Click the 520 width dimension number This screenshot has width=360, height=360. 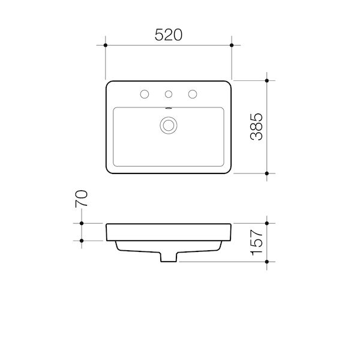169,35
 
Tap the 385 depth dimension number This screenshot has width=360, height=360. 256,126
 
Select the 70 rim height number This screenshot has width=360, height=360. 82,198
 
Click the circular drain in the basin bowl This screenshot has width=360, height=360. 169,125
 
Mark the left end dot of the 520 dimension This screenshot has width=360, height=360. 106,45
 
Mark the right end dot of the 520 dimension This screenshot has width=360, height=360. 232,45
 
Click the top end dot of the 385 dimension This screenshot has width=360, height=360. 267,80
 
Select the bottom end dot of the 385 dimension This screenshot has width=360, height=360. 267,173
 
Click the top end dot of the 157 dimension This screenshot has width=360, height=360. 267,223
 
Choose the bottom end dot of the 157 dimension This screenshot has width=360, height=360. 267,262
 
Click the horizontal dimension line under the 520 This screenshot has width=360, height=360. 138,45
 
